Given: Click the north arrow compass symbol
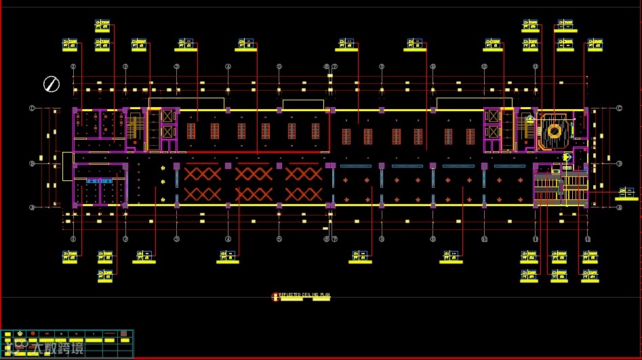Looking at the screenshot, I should coord(52,84).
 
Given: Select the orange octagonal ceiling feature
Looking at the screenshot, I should coord(555,130).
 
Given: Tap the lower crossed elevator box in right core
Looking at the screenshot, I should coord(493,132).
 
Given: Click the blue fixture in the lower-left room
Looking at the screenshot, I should coord(99,181).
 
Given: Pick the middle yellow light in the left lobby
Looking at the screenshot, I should coord(163,181).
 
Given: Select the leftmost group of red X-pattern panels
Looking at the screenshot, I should coord(203,184).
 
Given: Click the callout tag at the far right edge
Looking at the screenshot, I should coord(627,193).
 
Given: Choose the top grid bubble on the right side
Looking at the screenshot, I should coord(619,108).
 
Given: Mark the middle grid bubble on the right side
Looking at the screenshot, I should coord(619,163).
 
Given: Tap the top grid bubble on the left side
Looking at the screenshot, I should coord(32,108).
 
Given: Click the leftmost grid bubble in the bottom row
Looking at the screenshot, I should coord(73,239).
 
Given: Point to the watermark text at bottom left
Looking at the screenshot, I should coord(51,348).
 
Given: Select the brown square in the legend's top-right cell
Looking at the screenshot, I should coord(124,334).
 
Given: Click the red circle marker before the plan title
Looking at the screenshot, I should coord(275,296).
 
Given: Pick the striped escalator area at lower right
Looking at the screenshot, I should coord(560,188).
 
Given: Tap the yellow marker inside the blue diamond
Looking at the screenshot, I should coord(567,157).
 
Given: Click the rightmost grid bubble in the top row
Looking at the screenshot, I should coord(587,67).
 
